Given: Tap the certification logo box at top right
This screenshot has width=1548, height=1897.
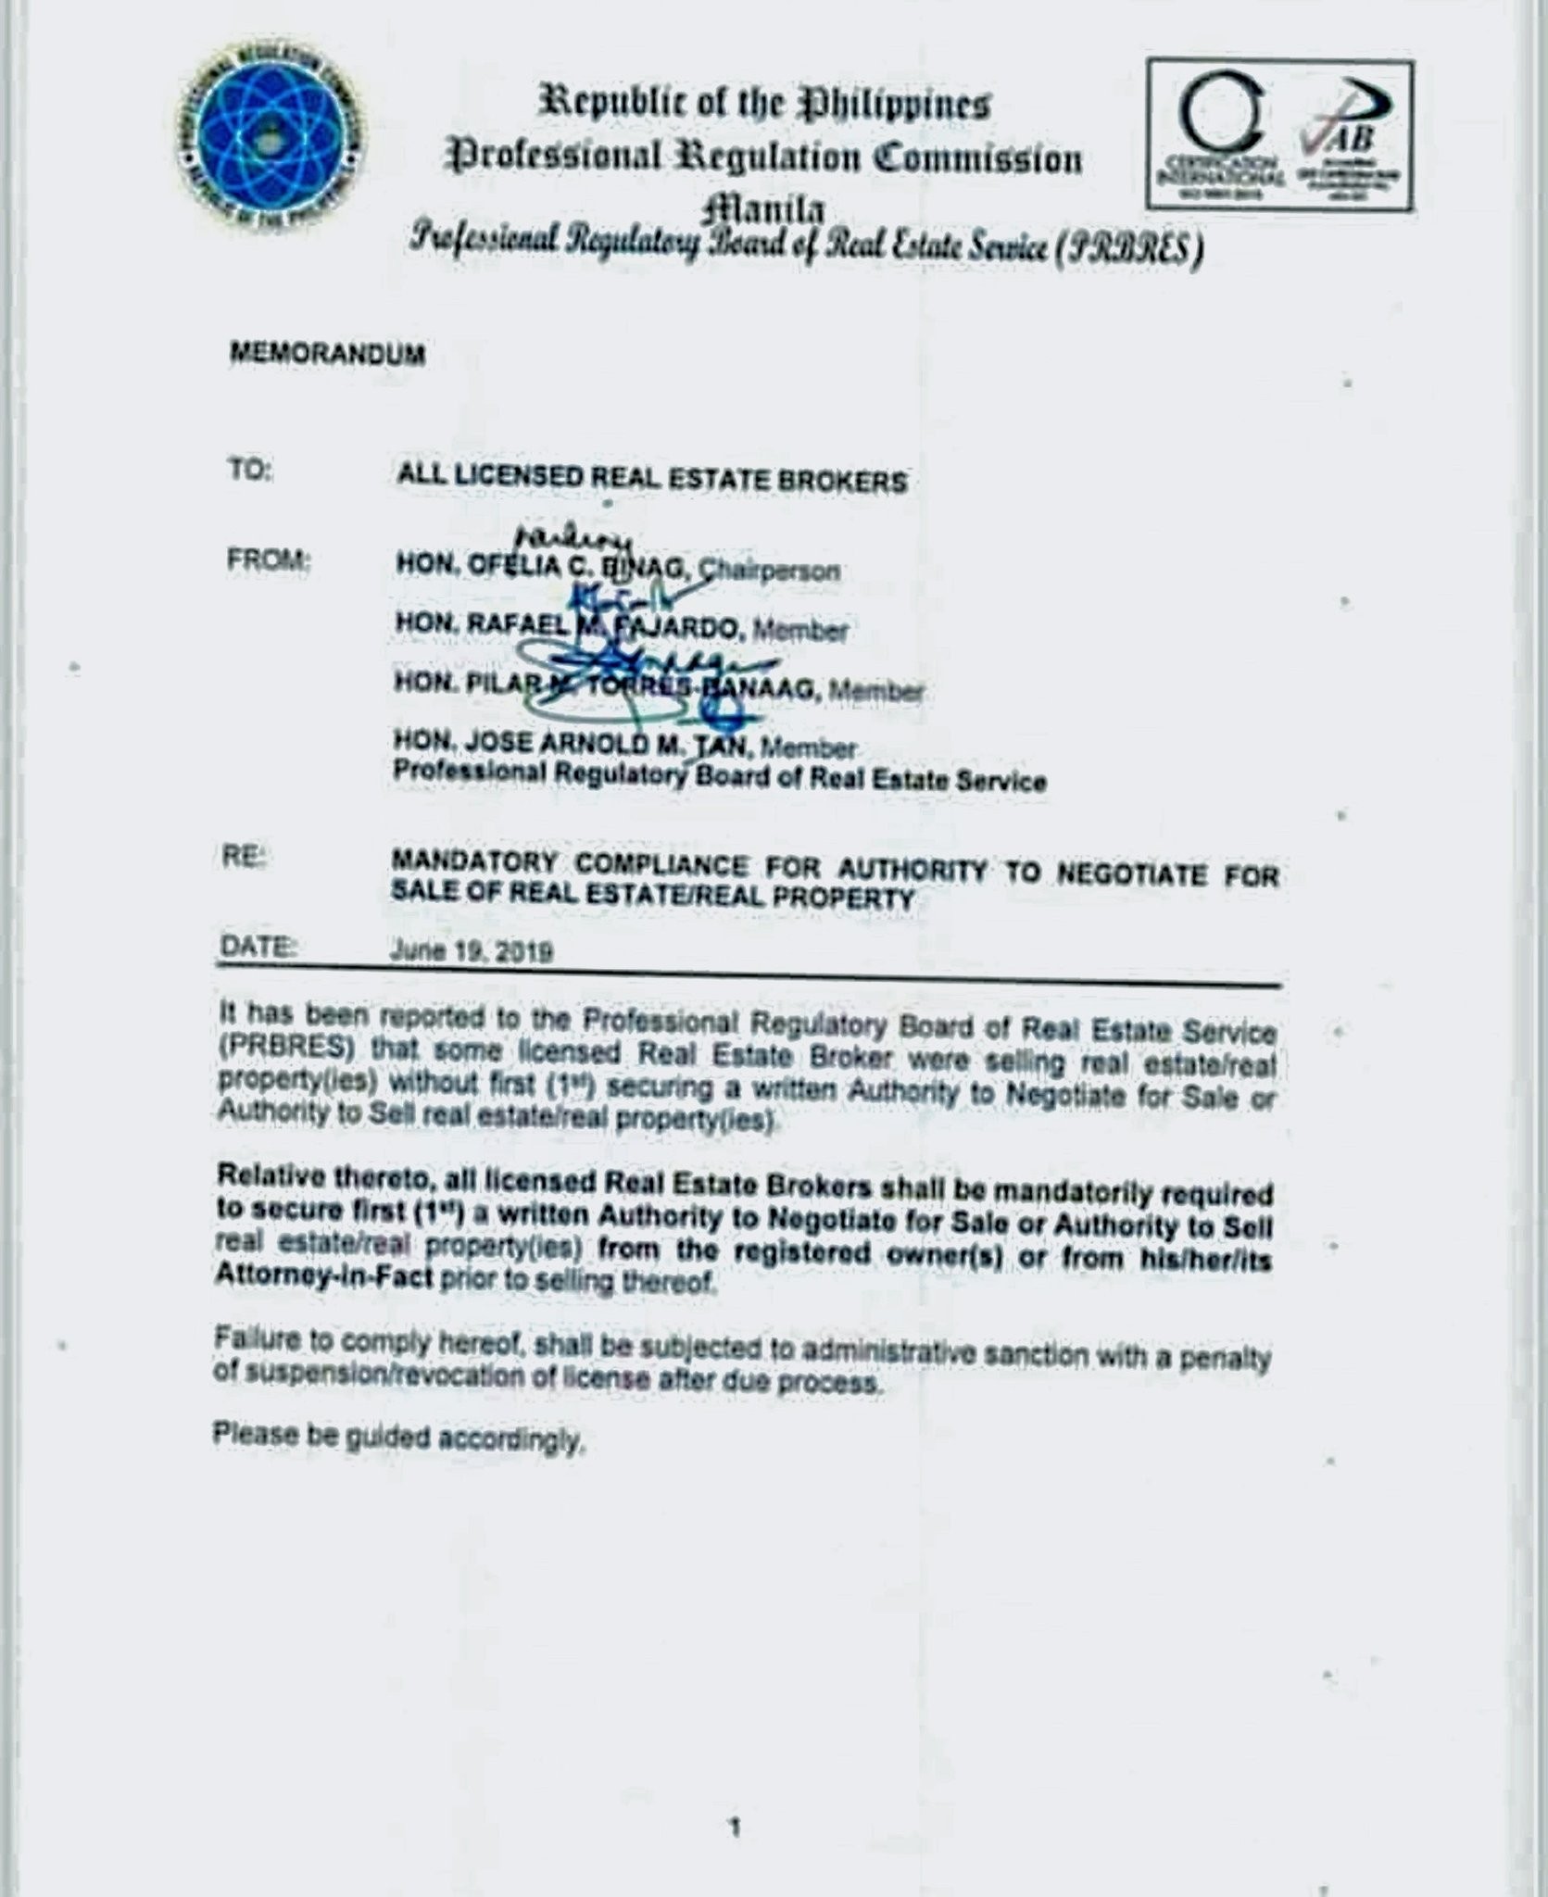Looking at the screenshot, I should (x=1279, y=134).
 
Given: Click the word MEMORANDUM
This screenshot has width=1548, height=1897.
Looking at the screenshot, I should (x=327, y=354).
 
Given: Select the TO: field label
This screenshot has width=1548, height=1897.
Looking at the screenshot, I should (x=249, y=471).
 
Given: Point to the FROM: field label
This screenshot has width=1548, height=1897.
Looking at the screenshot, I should (x=268, y=560).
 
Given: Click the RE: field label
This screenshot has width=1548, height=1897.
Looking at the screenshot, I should (x=242, y=858).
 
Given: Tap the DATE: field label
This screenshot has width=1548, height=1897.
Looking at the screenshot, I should (x=258, y=947).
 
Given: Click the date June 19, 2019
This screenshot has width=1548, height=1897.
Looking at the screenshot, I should (x=472, y=951).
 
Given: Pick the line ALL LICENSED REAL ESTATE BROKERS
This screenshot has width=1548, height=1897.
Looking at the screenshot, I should (x=651, y=479).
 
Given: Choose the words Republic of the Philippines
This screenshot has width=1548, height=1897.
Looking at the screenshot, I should (x=764, y=104).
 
